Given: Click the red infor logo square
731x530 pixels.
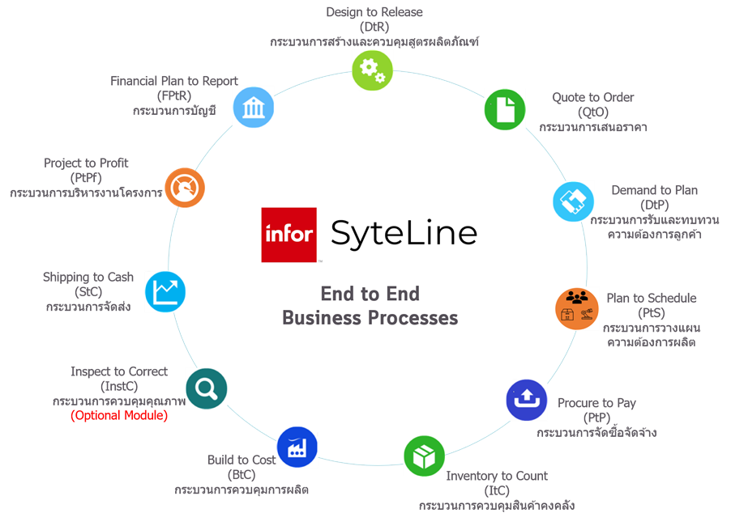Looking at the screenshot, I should [x=289, y=235].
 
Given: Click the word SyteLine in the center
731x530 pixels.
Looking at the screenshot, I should [x=404, y=234].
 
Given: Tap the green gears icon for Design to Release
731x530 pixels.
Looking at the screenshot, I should [x=372, y=70].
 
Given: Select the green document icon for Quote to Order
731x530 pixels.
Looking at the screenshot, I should [x=505, y=109].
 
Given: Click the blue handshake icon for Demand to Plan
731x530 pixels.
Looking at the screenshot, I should [x=574, y=201].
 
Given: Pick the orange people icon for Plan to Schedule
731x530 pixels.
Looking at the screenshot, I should [x=576, y=307].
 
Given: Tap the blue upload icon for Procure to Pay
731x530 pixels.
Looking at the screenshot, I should [x=527, y=400].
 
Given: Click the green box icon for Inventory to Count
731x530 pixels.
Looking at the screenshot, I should [x=425, y=456].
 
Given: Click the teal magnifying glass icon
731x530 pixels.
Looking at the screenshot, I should [x=206, y=388].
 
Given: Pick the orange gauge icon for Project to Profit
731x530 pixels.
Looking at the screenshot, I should [x=185, y=188].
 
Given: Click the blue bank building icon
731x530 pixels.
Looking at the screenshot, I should [x=253, y=107].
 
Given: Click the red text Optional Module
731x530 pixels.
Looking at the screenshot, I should [x=119, y=416].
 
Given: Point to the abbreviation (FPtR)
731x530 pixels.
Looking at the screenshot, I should [x=174, y=95].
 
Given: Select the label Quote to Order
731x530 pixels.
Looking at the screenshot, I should [x=593, y=97].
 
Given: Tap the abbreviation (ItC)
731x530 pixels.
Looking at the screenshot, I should [x=497, y=490].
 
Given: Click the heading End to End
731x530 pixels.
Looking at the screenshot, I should [x=370, y=294].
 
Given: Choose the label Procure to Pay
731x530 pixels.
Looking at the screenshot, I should [x=596, y=403].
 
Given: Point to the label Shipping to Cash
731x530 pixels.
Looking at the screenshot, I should [x=88, y=278].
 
